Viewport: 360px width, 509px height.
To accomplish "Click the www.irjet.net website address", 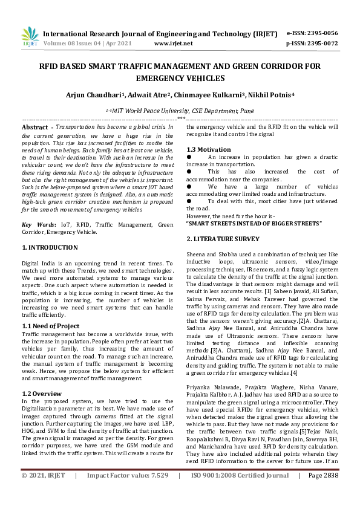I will pyautogui.click(x=174, y=44).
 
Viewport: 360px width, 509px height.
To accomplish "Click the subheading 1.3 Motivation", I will pyautogui.click(x=209, y=149).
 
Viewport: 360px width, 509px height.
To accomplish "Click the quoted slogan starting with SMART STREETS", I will pyautogui.click(x=254, y=224).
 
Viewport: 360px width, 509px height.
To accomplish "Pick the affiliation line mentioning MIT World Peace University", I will pyautogui.click(x=180, y=111).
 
